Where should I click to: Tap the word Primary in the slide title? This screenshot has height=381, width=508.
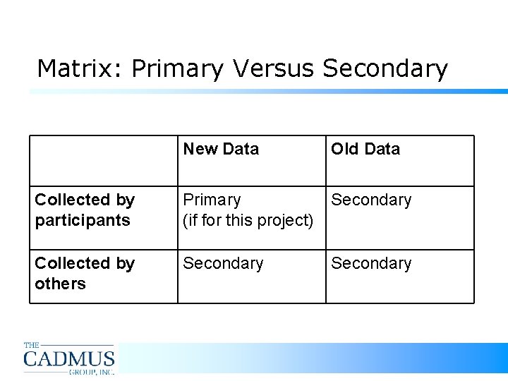(x=177, y=69)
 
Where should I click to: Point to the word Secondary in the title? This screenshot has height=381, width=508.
(x=385, y=68)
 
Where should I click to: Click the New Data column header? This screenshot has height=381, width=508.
(x=221, y=149)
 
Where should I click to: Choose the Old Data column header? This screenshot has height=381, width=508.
(x=365, y=149)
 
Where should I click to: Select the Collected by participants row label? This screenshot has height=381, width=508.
(x=84, y=210)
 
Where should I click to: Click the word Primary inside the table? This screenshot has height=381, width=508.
(x=212, y=200)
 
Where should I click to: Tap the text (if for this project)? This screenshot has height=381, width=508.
(x=248, y=220)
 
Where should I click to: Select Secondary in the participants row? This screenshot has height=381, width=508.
(x=371, y=200)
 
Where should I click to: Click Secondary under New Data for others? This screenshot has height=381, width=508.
(x=223, y=263)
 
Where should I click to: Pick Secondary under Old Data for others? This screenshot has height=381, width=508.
(x=371, y=263)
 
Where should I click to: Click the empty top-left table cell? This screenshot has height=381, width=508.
(x=103, y=160)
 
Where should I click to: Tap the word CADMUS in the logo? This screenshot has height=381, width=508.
(x=69, y=358)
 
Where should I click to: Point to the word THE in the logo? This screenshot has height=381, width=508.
(x=32, y=345)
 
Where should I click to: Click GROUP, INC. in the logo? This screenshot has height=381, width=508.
(x=91, y=370)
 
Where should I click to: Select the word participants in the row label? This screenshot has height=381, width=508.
(x=83, y=220)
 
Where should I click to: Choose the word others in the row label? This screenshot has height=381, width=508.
(x=60, y=284)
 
